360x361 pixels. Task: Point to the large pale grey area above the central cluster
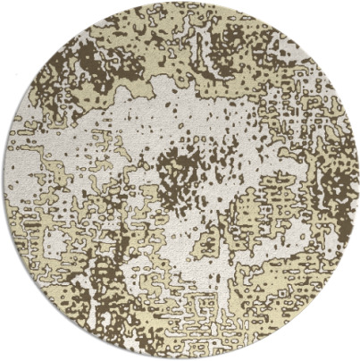click(x=192, y=112)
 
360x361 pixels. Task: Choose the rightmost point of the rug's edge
click(x=357, y=180)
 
